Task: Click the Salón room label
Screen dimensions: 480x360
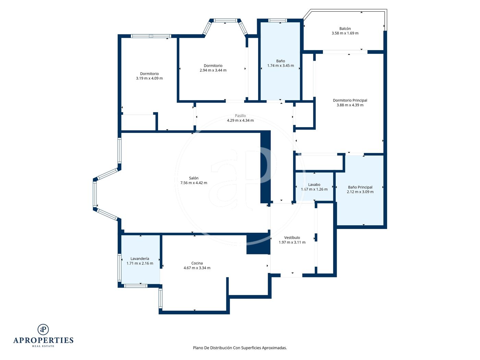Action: [x=193, y=178]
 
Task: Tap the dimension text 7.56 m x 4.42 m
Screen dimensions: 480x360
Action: [x=193, y=183]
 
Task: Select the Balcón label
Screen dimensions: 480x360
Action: [x=345, y=29]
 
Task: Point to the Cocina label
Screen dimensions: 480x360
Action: [x=197, y=263]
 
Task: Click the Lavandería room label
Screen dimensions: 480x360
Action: [x=140, y=259]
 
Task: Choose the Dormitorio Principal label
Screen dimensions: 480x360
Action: [x=350, y=100]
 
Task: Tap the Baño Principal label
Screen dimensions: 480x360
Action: [x=360, y=187]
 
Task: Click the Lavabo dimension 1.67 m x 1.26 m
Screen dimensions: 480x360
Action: [x=314, y=189]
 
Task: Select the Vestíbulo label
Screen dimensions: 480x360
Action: [x=292, y=238]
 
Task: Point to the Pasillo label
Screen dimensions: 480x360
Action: [x=240, y=116]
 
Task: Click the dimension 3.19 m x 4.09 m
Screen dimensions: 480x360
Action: [x=149, y=78]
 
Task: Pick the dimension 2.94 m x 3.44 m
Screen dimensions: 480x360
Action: [x=213, y=70]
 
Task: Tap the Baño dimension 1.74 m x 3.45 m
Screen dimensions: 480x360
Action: [x=280, y=65]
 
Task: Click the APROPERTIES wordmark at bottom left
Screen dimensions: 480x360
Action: [x=43, y=340]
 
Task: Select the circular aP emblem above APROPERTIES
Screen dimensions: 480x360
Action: [x=43, y=329]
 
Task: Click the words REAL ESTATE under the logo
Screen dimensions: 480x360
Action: [x=43, y=346]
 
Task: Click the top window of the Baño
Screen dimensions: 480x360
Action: [x=277, y=21]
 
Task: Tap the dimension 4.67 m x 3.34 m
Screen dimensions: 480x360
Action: [x=197, y=268]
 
